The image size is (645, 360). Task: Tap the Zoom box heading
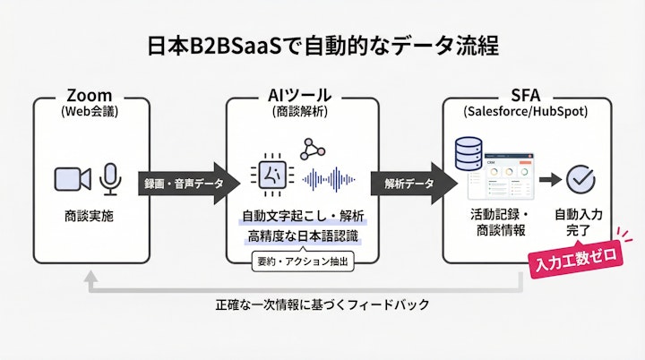coord(88,96)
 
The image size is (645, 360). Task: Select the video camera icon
coord(73,178)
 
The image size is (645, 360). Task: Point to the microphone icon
coord(110,178)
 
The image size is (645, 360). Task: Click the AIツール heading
coord(299,96)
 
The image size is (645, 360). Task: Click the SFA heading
coord(527,96)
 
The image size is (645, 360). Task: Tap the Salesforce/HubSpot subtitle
coord(527,112)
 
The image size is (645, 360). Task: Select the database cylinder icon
coord(469,157)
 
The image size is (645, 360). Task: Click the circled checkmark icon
coord(581,180)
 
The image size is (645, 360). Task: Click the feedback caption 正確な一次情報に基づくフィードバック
coord(322,304)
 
